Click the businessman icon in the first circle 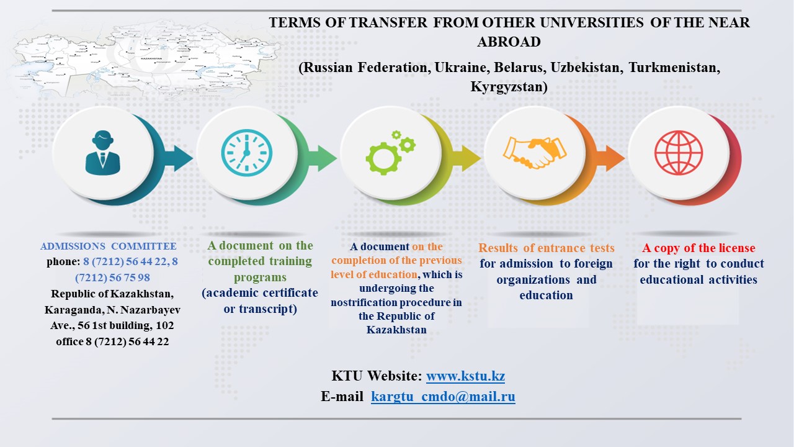103,153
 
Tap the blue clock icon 247,153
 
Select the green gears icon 391,153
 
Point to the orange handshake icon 535,153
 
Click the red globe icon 679,153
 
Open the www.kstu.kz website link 465,376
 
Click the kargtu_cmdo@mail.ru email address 443,396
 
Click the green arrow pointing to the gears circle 323,158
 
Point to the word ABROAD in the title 509,42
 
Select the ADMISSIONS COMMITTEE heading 109,246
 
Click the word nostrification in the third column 360,302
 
